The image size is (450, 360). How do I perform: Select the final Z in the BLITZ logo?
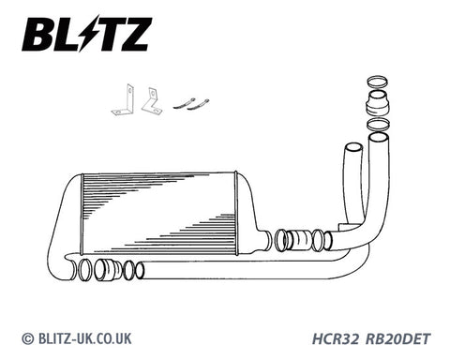(x=133, y=34)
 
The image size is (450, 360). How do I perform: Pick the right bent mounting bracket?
(x=152, y=100)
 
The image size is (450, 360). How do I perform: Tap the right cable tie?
(x=198, y=105)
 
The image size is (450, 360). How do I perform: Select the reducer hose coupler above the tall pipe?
(x=378, y=102)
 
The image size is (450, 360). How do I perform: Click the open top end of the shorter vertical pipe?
(x=353, y=147)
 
